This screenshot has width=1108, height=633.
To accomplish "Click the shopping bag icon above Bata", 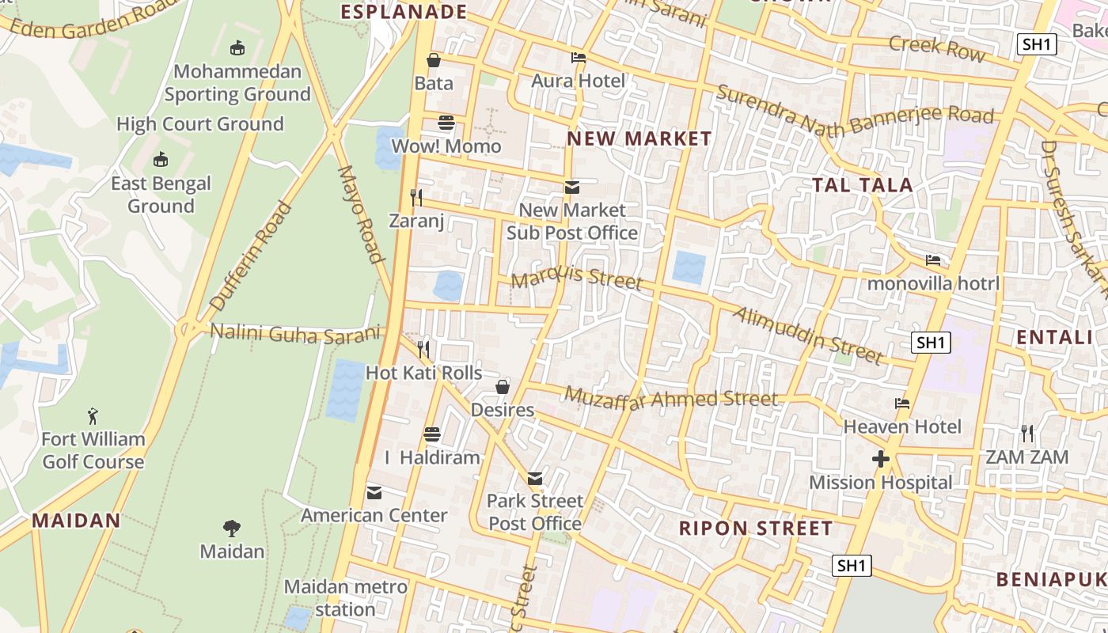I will click(434, 60).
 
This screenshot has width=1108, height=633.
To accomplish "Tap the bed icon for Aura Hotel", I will click(579, 58).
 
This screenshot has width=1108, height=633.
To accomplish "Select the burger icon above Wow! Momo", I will click(446, 123).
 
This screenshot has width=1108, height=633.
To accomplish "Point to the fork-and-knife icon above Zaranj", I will click(416, 197).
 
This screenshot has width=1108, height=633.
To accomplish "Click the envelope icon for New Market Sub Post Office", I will click(571, 188).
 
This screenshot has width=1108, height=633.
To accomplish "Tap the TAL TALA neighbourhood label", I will click(863, 185).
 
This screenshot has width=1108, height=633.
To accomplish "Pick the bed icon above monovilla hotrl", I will click(934, 260).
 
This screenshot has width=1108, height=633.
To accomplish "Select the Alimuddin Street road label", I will click(807, 335).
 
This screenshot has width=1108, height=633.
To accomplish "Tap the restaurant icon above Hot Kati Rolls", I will click(423, 349).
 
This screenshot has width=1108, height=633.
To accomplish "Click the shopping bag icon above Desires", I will click(502, 387).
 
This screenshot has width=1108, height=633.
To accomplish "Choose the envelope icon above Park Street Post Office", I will click(535, 478).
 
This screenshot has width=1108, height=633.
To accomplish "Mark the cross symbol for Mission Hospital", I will click(880, 459).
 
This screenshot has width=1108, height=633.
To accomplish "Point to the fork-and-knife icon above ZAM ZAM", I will click(1027, 433).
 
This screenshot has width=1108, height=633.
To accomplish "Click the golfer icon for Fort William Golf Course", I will click(93, 415).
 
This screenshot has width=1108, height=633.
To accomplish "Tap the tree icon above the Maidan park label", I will click(231, 528).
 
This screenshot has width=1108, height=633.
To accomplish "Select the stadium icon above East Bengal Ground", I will click(161, 160).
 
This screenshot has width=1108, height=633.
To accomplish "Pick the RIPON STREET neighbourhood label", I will click(756, 529).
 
